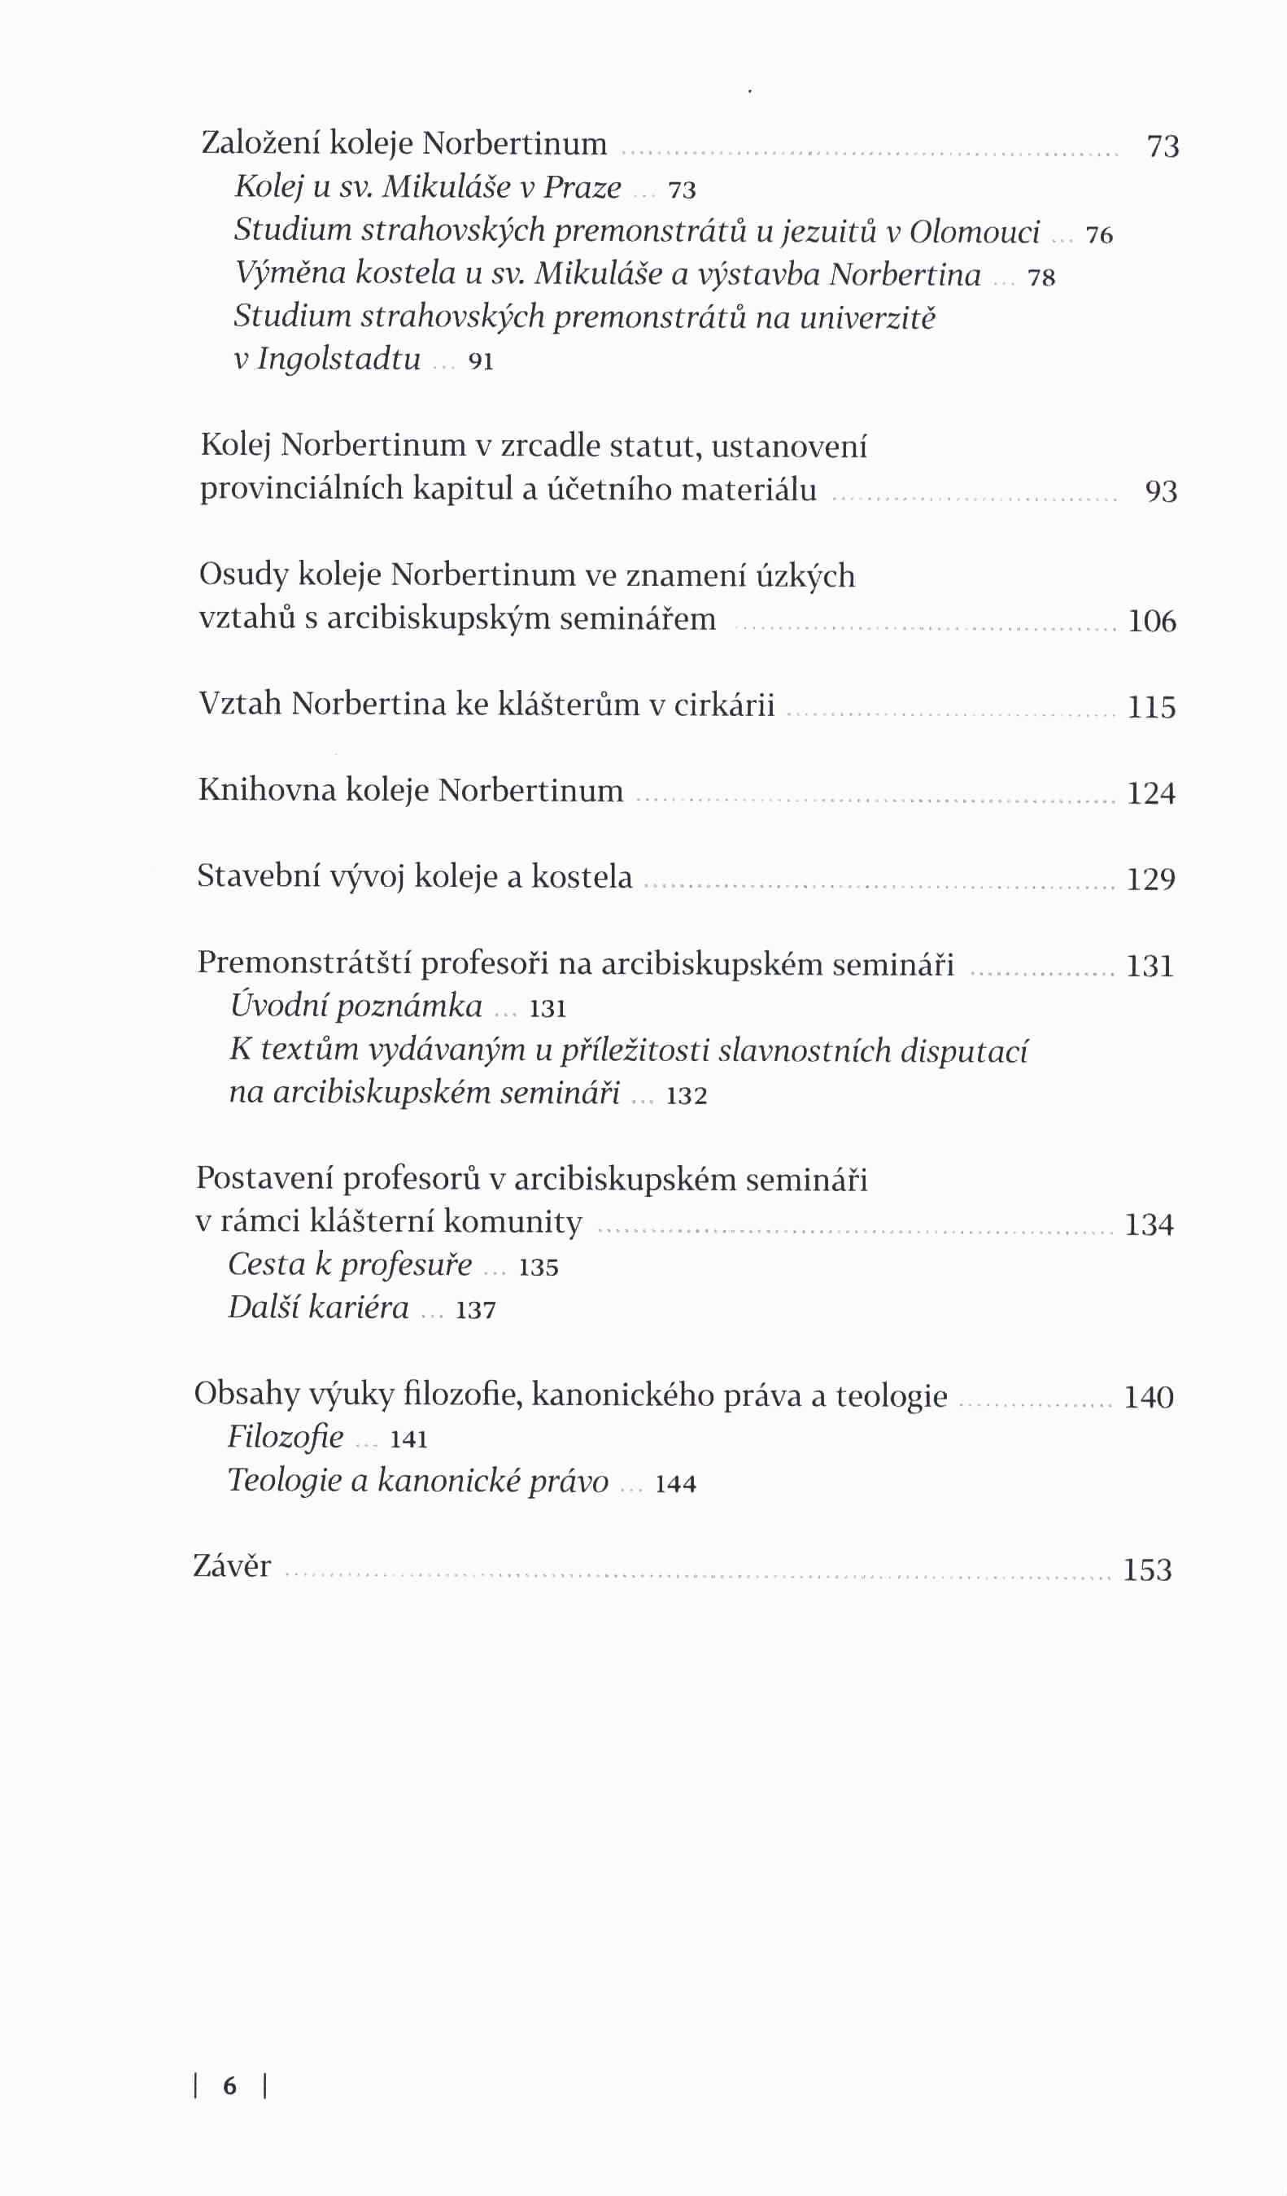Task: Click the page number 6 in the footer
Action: click(x=230, y=2085)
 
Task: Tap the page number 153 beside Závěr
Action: click(x=1148, y=1570)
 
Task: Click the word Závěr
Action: click(x=232, y=1566)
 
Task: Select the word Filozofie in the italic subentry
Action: click(x=286, y=1436)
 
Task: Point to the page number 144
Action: click(x=675, y=1483)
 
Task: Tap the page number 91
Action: click(x=481, y=360)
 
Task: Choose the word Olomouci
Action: click(x=974, y=232)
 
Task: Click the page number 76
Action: click(x=1099, y=234)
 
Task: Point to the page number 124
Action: click(x=1151, y=793)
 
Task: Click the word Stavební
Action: click(x=257, y=875)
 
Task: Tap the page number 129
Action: click(x=1151, y=880)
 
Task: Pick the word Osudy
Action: click(x=243, y=575)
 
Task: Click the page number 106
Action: click(x=1152, y=622)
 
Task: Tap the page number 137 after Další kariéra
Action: click(x=475, y=1309)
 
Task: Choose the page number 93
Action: click(x=1161, y=491)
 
